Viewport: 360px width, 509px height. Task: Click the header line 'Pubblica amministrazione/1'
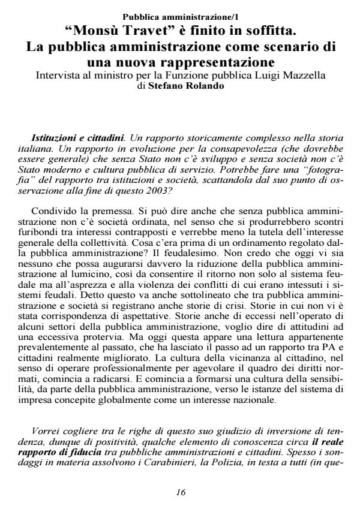pyautogui.click(x=180, y=16)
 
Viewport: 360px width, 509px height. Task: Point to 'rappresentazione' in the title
pyautogui.click(x=217, y=62)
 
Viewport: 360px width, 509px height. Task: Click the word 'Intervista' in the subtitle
pyautogui.click(x=59, y=76)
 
